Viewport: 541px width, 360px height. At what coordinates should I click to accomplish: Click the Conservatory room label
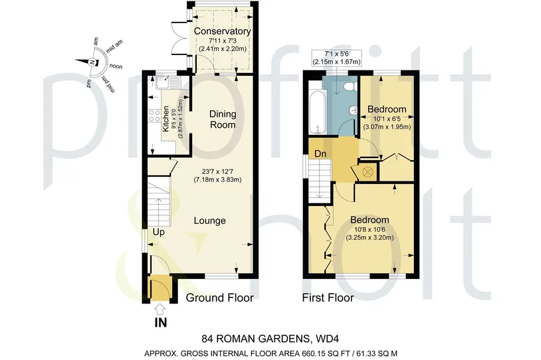click(x=222, y=31)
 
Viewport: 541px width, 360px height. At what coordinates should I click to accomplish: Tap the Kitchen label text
click(x=166, y=119)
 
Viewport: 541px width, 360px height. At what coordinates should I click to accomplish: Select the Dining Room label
click(x=223, y=120)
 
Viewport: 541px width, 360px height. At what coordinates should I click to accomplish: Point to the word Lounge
click(x=210, y=221)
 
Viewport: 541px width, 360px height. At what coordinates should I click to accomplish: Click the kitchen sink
click(x=168, y=83)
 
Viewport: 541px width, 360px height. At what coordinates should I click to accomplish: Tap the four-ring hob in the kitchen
click(x=154, y=116)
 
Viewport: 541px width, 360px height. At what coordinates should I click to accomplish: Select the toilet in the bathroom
click(x=350, y=86)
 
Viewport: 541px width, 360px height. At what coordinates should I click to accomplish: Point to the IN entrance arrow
click(x=160, y=310)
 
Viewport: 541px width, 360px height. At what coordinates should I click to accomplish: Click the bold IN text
click(x=161, y=323)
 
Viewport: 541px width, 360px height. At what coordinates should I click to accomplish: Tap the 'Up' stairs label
click(x=159, y=232)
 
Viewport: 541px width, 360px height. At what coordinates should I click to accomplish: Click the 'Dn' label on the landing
click(x=320, y=154)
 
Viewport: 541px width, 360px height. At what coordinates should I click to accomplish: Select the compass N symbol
click(x=92, y=62)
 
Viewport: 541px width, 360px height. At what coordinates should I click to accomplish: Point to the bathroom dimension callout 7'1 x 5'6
click(x=337, y=58)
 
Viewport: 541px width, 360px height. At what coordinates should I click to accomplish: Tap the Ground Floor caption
click(x=220, y=298)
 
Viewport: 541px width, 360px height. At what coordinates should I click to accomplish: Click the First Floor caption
click(x=328, y=298)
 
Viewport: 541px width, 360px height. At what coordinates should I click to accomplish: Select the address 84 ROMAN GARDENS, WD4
click(x=270, y=339)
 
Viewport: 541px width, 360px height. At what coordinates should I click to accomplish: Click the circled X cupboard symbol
click(x=368, y=171)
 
